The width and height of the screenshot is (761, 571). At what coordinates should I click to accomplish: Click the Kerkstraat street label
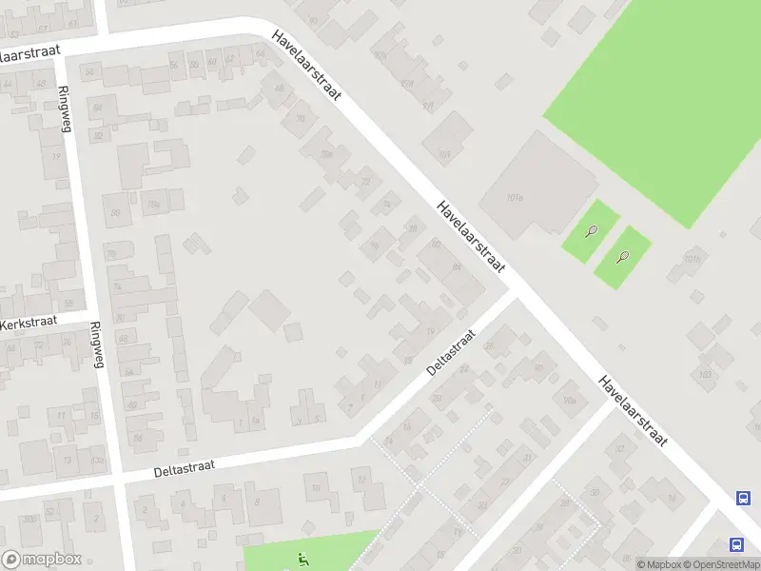(29, 324)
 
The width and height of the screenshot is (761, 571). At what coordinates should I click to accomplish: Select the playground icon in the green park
(302, 558)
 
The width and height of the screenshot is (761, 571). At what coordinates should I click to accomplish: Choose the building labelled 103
(705, 373)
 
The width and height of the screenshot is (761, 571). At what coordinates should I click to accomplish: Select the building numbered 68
(279, 89)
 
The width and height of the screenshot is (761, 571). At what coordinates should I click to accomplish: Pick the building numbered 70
(301, 119)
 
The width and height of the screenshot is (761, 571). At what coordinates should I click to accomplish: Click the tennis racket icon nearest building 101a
(593, 230)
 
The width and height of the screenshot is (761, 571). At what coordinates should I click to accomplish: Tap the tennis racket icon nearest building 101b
(624, 256)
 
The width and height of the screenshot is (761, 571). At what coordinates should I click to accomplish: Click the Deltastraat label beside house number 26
(450, 352)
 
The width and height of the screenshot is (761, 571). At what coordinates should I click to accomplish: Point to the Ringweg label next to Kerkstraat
(95, 344)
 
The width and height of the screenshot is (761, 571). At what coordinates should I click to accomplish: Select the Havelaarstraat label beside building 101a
(470, 237)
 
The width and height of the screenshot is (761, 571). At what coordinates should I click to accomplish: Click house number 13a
(97, 460)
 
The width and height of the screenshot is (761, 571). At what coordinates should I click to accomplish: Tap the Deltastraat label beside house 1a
(185, 466)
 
